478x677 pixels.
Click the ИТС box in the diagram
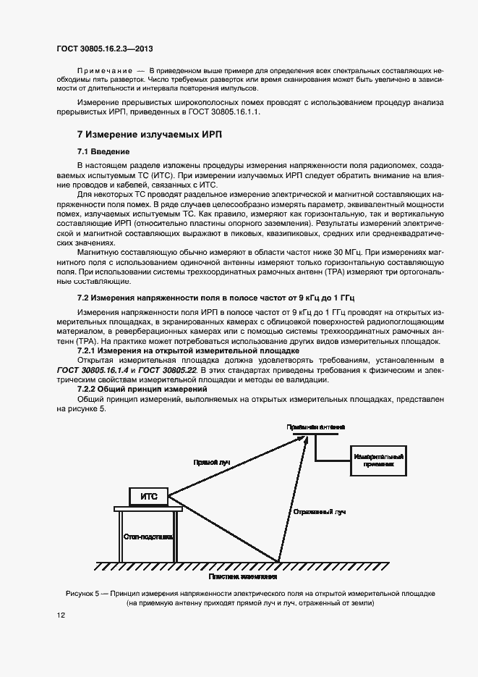(x=149, y=497)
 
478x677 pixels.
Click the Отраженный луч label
(x=320, y=511)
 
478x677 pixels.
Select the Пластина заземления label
(x=243, y=577)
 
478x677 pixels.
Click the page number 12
(x=61, y=615)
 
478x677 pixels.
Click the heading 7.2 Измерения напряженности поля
(x=217, y=298)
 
